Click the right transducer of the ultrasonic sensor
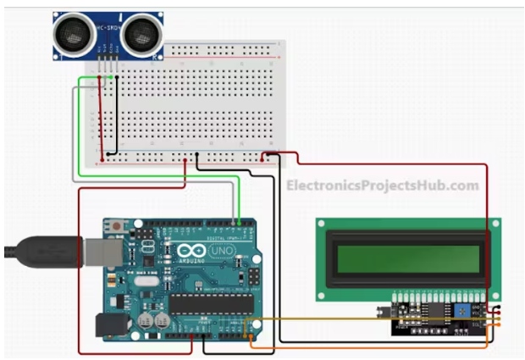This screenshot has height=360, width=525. (138, 36)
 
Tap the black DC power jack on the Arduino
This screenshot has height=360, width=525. (108, 326)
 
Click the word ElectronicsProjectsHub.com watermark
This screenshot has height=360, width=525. (381, 186)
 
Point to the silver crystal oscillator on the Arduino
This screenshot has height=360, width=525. (146, 282)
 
